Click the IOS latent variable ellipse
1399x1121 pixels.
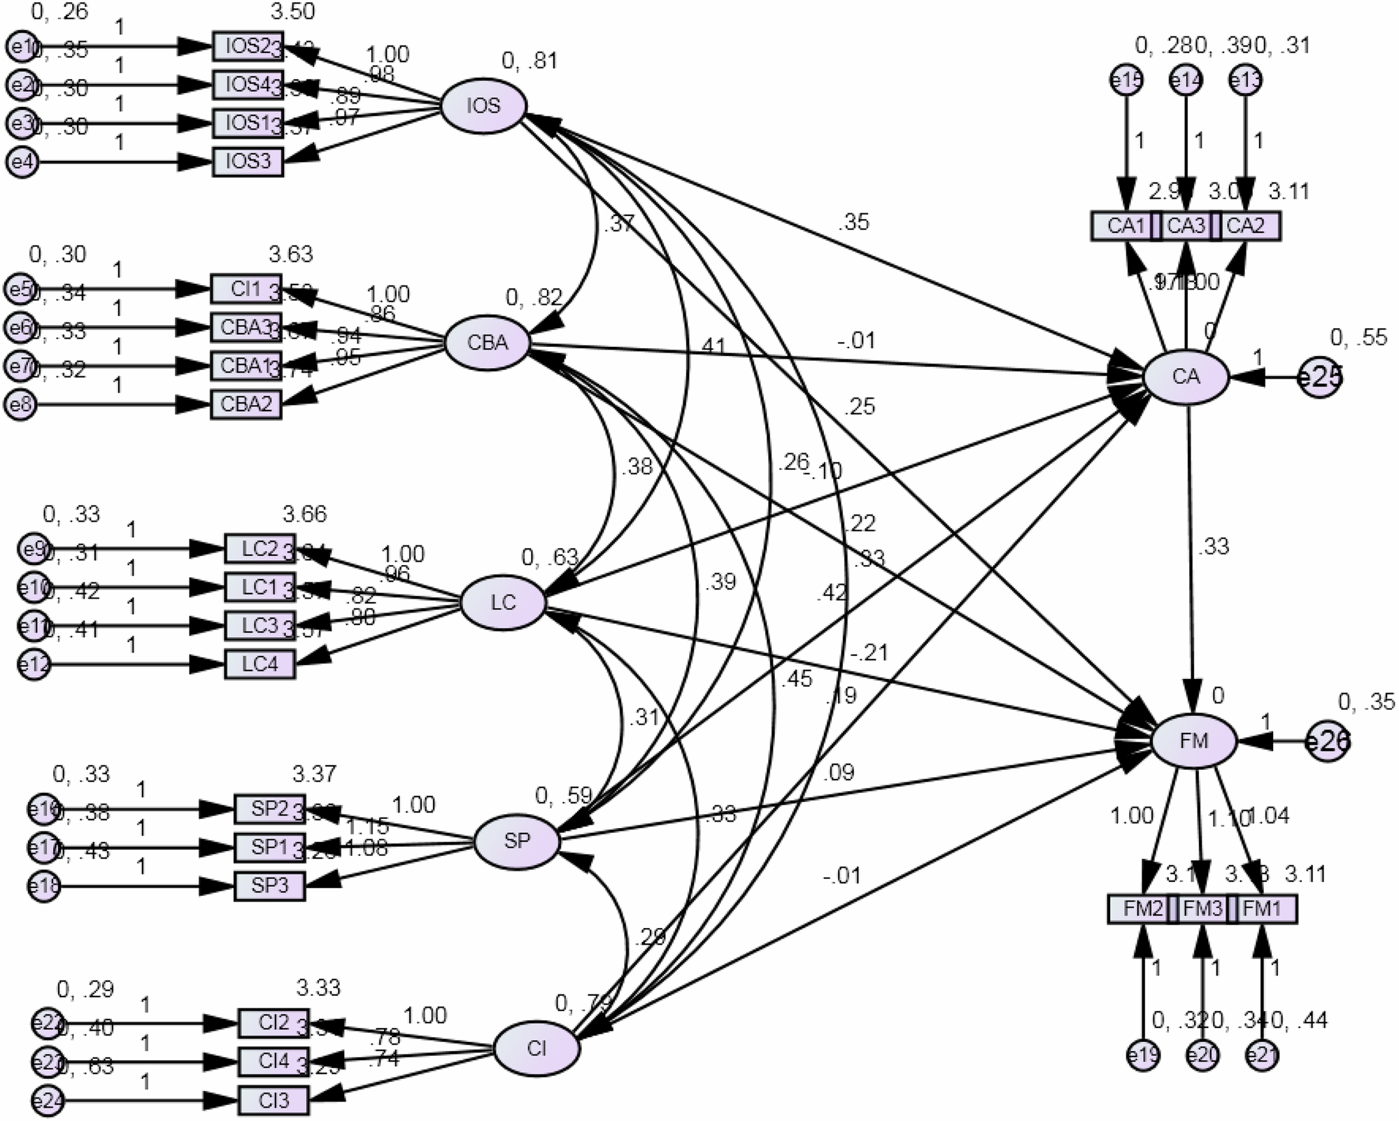(x=483, y=106)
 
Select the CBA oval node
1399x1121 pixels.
(x=488, y=343)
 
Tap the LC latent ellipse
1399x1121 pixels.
(x=503, y=603)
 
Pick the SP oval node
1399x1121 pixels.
(x=517, y=841)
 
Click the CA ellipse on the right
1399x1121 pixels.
(x=1186, y=378)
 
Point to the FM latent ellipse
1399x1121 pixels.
(x=1194, y=741)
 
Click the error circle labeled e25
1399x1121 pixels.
(x=1319, y=378)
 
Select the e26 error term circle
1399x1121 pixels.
(x=1327, y=741)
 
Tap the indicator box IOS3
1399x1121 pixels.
(x=248, y=162)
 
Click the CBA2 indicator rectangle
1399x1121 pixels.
(x=246, y=404)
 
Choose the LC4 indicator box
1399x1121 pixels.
(x=260, y=664)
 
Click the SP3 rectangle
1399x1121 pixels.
(x=269, y=886)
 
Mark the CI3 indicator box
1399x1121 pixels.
(x=274, y=1101)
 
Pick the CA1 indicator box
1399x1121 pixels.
(x=1125, y=226)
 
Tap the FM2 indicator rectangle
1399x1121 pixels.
(x=1142, y=909)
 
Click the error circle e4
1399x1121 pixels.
(x=22, y=162)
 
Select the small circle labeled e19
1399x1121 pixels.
(x=1143, y=1055)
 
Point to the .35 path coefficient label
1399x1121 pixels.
(x=853, y=222)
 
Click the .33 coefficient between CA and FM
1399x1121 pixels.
(x=1213, y=546)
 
